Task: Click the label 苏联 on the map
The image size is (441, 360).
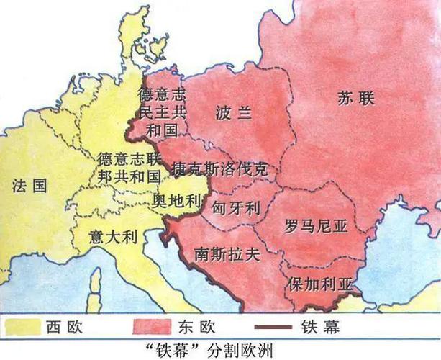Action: [355, 99]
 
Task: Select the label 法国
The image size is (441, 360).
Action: [29, 185]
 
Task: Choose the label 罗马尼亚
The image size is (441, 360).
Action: [315, 226]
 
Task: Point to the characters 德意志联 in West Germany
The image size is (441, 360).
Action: [132, 158]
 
